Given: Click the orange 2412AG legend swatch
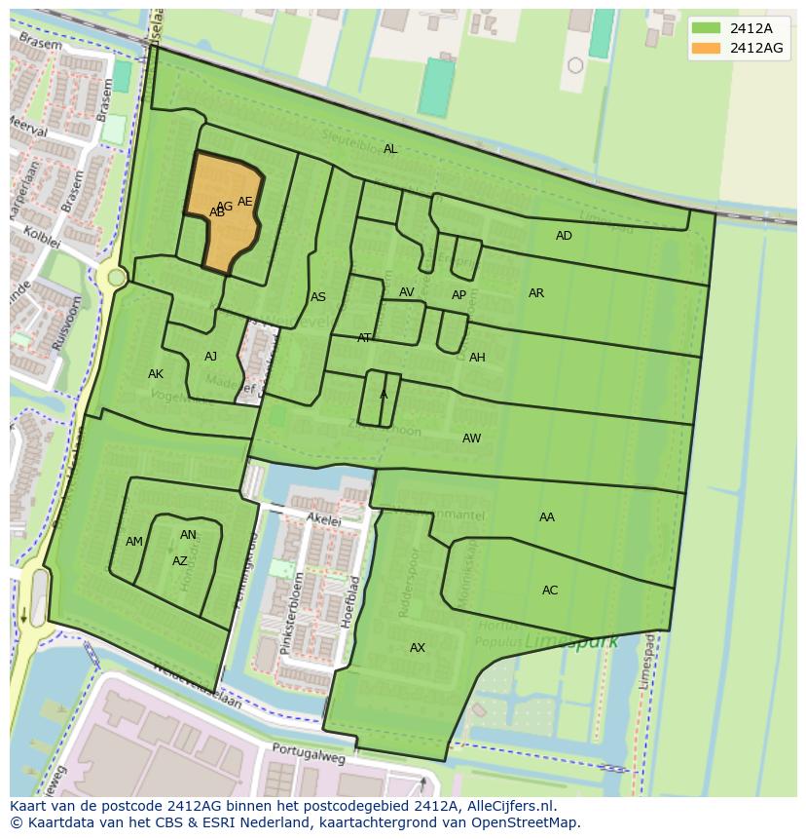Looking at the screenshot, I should (x=707, y=48).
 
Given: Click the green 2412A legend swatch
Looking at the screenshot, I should (x=707, y=28).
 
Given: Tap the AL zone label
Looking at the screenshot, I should (x=390, y=149).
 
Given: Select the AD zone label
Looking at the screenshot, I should (x=564, y=236).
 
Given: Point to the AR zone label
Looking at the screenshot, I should (x=536, y=293).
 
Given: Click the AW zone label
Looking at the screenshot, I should (x=471, y=439).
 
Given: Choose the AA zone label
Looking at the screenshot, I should (x=547, y=517).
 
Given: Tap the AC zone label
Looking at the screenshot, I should (x=550, y=591).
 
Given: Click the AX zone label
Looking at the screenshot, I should (x=418, y=648).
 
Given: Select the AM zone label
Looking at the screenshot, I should (x=134, y=542).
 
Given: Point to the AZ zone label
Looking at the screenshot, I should (x=180, y=561).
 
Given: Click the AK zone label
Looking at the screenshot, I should (x=156, y=374).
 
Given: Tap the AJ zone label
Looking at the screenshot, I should (x=211, y=357).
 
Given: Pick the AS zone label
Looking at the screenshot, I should (x=318, y=297).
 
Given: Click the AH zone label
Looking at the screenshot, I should (x=477, y=358).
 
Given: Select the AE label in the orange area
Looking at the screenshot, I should (x=245, y=202).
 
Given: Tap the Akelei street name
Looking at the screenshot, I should (x=324, y=521).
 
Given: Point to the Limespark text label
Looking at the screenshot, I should (x=558, y=643).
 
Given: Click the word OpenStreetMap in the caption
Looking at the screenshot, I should (x=530, y=822).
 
